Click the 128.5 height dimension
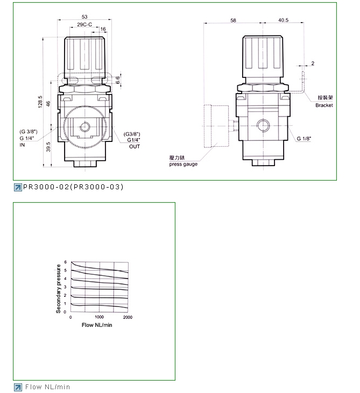click(x=40, y=102)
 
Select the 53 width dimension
click(x=84, y=17)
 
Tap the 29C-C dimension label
click(x=84, y=24)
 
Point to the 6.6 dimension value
click(x=118, y=80)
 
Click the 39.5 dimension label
click(x=48, y=147)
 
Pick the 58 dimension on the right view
click(x=234, y=20)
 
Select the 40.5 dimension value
click(x=283, y=20)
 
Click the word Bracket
click(x=324, y=105)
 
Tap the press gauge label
click(x=183, y=164)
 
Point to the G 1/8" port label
click(x=304, y=138)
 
